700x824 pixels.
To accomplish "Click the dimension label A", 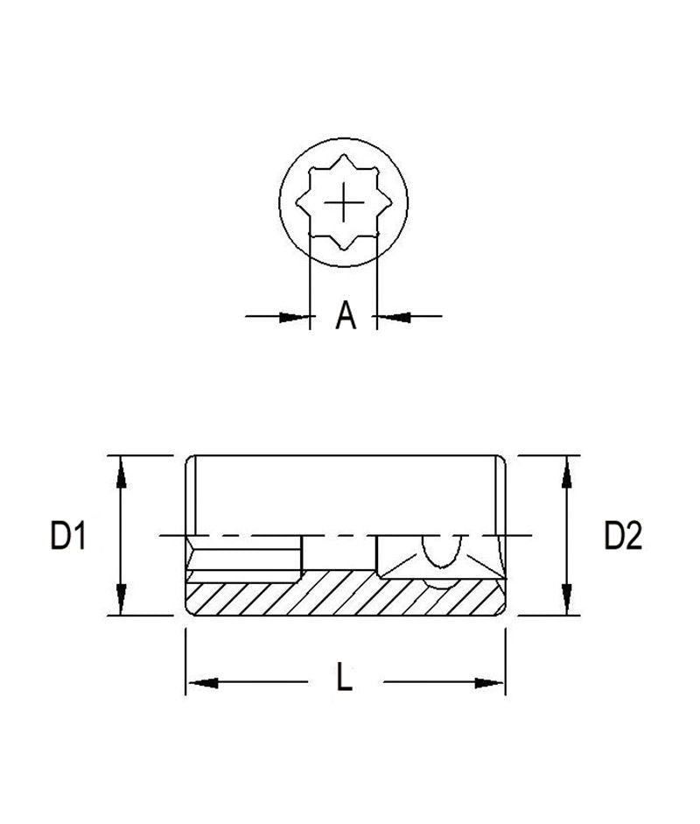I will (x=346, y=315).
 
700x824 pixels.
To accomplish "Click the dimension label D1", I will (x=67, y=535).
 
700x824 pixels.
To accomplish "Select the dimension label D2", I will (x=623, y=535).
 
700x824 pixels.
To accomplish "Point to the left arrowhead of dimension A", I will (x=297, y=316).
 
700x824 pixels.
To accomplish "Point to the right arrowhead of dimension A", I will (x=392, y=316).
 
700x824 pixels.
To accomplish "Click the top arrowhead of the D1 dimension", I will (x=122, y=469).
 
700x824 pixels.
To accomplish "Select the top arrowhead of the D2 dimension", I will (x=568, y=469).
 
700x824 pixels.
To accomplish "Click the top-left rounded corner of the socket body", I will (x=191, y=461).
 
